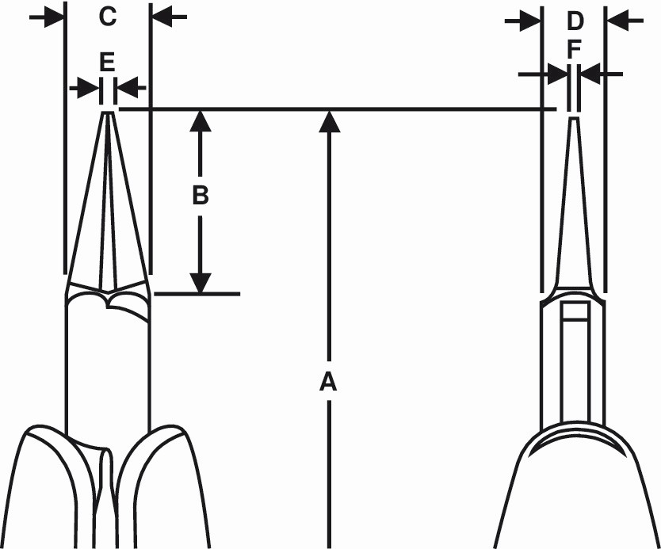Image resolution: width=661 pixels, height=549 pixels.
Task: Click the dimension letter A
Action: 328,382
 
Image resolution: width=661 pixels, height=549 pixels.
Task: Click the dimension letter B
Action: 201,196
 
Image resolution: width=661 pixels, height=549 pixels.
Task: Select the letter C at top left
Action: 108,17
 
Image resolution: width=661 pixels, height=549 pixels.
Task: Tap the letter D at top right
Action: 575,21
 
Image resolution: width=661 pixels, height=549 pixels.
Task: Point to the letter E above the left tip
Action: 107,62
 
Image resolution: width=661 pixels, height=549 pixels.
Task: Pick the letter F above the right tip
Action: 574,49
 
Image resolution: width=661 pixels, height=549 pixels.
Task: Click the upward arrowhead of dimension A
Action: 329,121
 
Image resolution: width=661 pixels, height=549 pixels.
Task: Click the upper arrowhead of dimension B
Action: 201,121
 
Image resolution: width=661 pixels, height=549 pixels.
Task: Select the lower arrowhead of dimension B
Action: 201,283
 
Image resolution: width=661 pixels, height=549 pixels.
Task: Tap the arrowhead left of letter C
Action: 54,17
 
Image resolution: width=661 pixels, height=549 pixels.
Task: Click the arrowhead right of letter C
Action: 162,17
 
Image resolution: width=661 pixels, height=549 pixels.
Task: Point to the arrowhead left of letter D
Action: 530,21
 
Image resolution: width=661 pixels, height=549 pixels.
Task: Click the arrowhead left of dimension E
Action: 88,88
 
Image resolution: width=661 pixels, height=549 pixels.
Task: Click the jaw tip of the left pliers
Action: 109,113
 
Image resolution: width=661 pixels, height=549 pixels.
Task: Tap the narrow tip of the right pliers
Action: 574,120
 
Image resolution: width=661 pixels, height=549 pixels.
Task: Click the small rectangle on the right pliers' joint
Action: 575,311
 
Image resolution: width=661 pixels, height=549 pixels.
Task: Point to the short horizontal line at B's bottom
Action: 197,294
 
